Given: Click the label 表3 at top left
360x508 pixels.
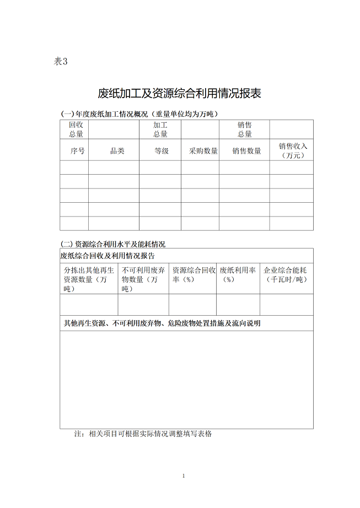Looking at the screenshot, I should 60,62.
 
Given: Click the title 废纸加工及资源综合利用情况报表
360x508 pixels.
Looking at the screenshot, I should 179,93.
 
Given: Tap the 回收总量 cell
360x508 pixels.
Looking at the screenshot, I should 76,129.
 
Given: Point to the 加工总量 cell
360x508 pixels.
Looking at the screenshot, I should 160,129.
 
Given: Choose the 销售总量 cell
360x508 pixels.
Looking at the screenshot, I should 244,129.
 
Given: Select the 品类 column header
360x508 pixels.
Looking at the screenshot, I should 117,150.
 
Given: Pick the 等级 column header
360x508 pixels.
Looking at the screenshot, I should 161,150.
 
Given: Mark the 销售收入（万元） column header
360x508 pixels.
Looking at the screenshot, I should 292,150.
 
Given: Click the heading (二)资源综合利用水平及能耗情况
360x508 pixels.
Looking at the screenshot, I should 113,244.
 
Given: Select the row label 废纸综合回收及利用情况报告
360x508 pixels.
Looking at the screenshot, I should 108,256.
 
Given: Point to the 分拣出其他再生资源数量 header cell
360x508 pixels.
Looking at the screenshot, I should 89,279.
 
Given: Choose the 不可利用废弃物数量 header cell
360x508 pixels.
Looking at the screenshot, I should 143,279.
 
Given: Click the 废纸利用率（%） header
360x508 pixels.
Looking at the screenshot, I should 238,274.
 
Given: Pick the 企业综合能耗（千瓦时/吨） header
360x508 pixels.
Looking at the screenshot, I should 285,274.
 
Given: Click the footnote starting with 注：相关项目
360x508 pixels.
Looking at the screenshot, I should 143,434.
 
